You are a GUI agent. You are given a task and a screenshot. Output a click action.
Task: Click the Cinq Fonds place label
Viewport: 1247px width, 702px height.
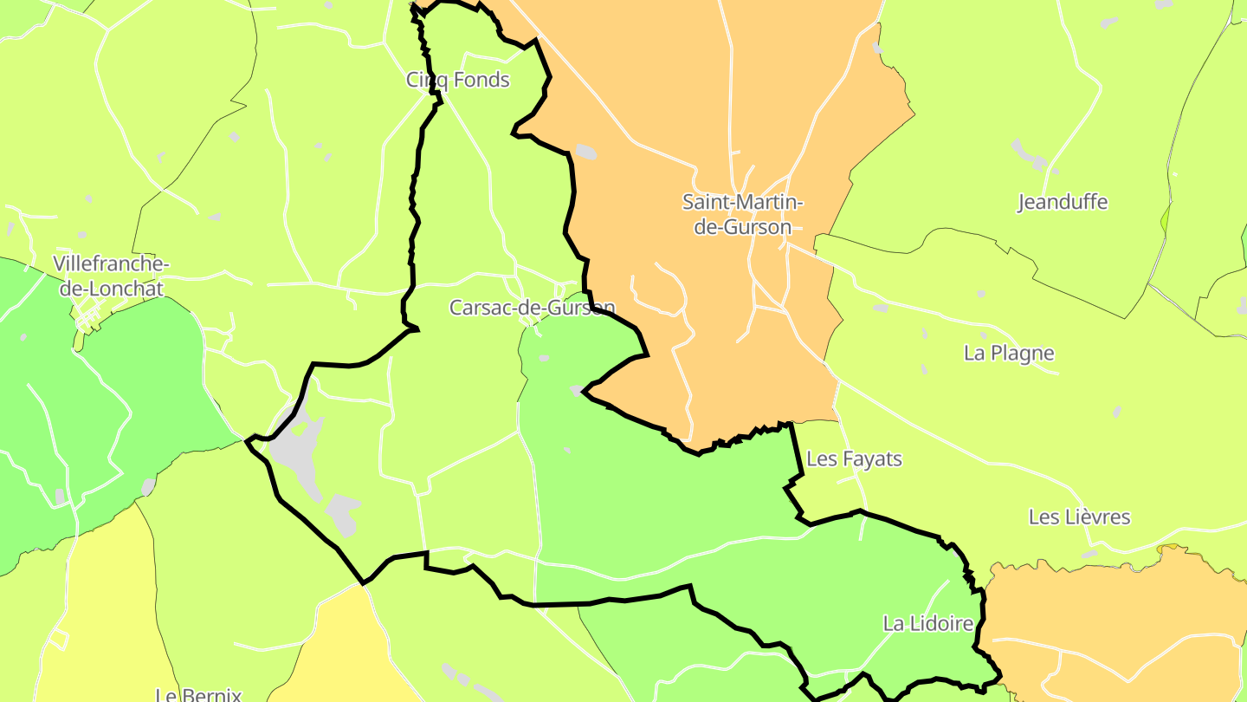coord(458,81)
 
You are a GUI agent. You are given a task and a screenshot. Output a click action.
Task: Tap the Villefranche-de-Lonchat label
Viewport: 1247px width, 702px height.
coord(111,276)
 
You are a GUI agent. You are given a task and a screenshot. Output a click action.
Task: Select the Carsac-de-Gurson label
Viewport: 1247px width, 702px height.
coord(532,308)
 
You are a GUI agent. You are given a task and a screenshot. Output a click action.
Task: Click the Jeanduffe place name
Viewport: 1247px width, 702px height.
coord(1063,203)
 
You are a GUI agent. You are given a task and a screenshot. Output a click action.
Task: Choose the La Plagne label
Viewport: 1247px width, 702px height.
coord(1009,354)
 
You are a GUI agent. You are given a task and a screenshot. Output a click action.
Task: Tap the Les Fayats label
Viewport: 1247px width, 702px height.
coord(854,459)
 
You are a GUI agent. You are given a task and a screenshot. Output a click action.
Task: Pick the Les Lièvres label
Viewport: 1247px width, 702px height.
coord(1079,517)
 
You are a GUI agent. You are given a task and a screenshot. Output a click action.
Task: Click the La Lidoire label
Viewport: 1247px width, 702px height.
coord(928,623)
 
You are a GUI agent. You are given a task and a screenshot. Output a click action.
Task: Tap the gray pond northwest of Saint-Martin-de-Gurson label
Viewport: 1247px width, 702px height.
coord(586,152)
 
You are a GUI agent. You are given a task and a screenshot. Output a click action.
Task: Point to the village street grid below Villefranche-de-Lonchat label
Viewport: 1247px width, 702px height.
coord(89,316)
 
